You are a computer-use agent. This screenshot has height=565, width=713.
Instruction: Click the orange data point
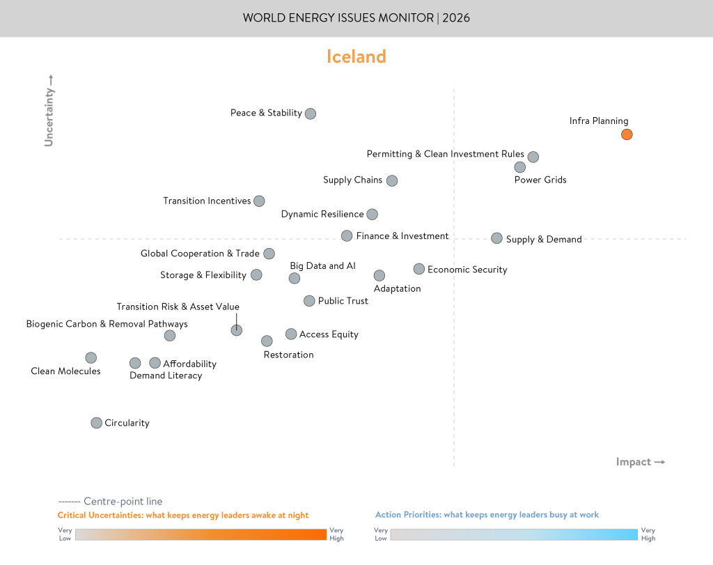click(627, 134)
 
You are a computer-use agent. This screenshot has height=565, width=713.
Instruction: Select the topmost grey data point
click(311, 114)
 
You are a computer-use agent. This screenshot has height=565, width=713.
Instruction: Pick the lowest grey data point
click(97, 423)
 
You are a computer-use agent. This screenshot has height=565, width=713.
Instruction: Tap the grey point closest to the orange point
click(533, 157)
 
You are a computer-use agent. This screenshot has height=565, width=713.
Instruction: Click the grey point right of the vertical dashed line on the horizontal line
click(496, 238)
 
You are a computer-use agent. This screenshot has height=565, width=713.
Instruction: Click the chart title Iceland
click(356, 57)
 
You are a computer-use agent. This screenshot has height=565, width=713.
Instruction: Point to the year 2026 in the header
click(455, 18)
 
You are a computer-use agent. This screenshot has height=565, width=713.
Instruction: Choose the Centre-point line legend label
click(123, 501)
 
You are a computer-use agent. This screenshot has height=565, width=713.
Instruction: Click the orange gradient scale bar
click(201, 534)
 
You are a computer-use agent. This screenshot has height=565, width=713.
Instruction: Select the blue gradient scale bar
click(513, 534)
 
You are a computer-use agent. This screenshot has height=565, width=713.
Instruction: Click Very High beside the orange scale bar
click(337, 534)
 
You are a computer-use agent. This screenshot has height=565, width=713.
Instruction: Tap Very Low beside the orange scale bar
click(65, 534)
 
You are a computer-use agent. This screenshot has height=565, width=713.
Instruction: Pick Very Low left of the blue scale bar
click(381, 534)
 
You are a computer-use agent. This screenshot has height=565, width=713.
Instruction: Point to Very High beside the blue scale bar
click(648, 534)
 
